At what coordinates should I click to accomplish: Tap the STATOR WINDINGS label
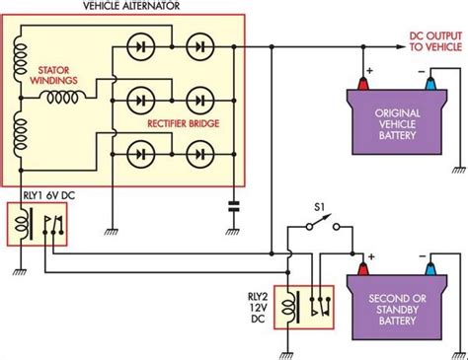[51, 77]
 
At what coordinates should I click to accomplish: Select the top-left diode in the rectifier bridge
[139, 45]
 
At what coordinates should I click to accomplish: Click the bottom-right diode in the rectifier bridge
[201, 153]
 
